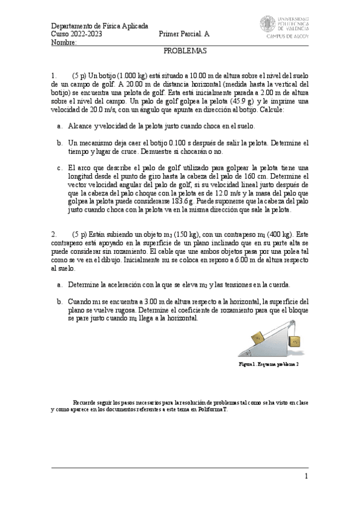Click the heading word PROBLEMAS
185,52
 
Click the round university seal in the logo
268,24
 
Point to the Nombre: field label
63,43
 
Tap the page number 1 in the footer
306,476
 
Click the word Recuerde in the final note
85,402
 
